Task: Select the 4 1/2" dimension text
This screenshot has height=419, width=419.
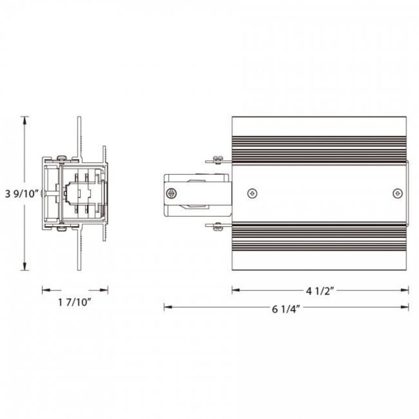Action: click(x=320, y=290)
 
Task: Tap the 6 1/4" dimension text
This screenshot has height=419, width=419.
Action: click(x=287, y=311)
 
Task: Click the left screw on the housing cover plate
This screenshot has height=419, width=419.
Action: click(x=254, y=193)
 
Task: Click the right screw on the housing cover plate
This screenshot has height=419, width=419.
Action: click(x=397, y=193)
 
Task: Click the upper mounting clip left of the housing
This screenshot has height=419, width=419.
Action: click(x=218, y=161)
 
